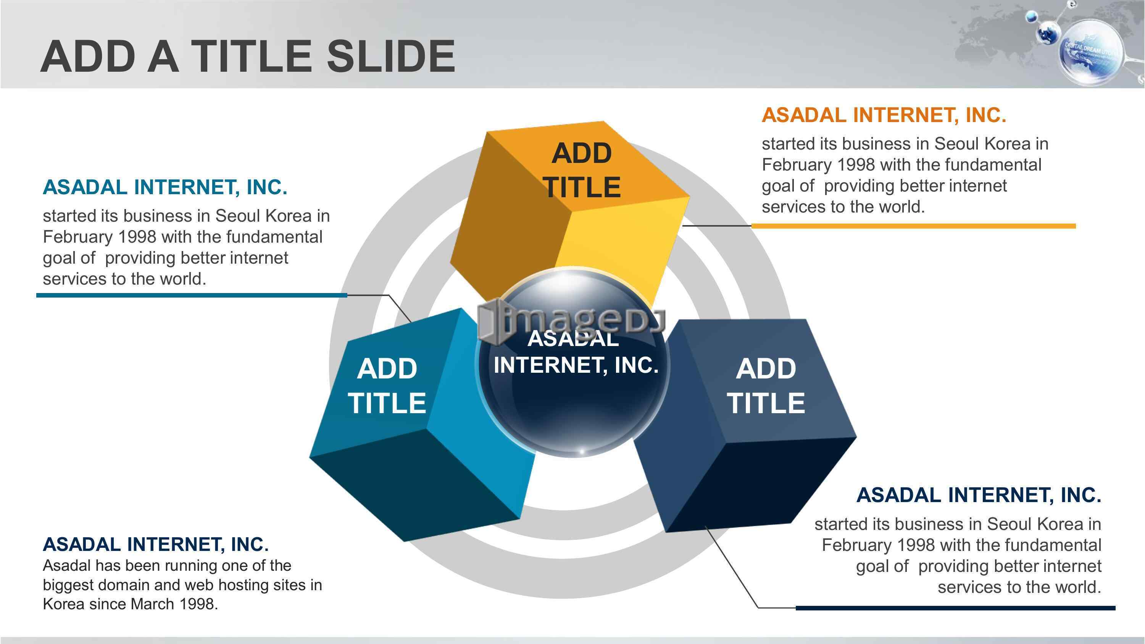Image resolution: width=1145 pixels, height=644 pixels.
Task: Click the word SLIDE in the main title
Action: [391, 56]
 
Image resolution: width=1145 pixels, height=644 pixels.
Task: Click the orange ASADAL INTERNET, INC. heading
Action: [884, 115]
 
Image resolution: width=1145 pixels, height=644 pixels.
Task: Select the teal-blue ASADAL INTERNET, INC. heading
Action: [165, 187]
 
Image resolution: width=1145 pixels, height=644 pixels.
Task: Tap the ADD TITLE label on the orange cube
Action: [582, 170]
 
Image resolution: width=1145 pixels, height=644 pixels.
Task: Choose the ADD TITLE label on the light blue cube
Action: [387, 386]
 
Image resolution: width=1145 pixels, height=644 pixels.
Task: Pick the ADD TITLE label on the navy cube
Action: [766, 386]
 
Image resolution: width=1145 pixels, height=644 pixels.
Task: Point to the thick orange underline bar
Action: [913, 226]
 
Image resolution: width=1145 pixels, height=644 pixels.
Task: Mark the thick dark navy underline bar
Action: [956, 607]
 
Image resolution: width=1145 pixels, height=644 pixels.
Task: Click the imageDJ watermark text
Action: [571, 321]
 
